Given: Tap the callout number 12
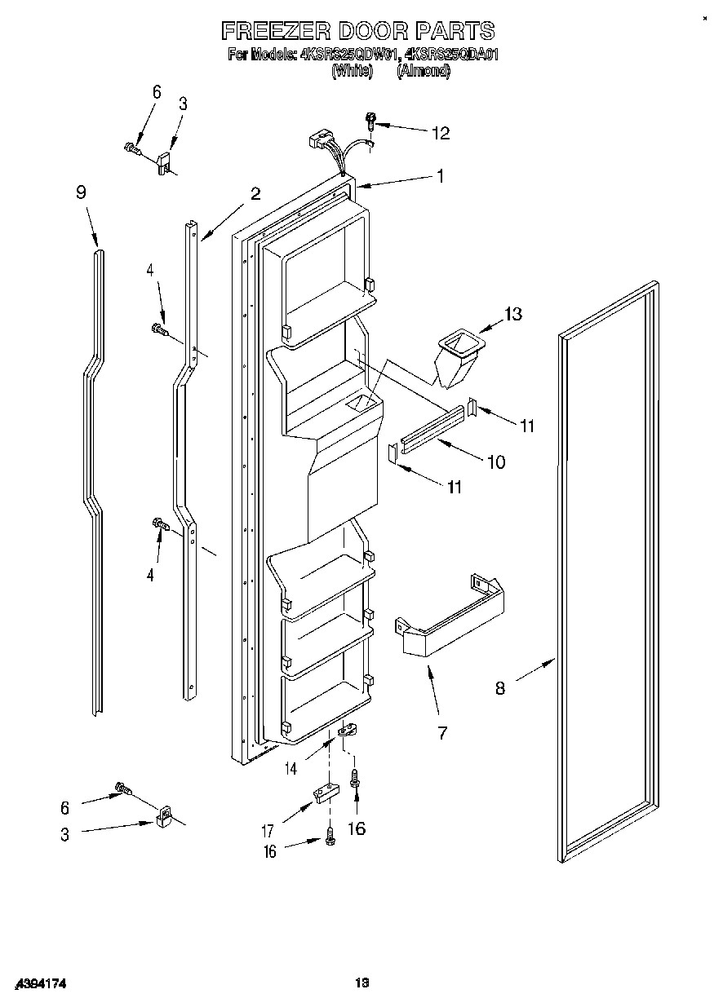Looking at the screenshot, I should [x=440, y=133].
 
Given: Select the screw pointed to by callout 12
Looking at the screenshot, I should [x=371, y=122].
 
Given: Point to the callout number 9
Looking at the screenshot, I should [x=81, y=192].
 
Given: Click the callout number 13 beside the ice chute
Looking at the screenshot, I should [x=512, y=314].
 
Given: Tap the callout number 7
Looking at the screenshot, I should [x=441, y=733].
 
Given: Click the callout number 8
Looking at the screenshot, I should [x=499, y=688].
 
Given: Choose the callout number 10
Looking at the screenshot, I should [x=495, y=462].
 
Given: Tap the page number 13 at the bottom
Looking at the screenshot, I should [x=361, y=983].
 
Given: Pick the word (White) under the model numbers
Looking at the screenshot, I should [x=352, y=71].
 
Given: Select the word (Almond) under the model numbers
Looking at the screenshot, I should [x=424, y=71].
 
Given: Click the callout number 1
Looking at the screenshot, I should [x=440, y=175].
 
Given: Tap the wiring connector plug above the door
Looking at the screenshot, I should [x=321, y=142].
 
